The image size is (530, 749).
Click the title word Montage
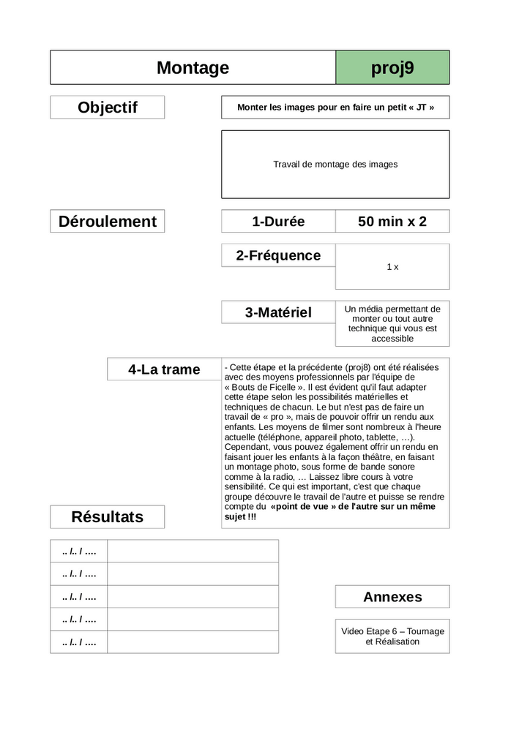193,68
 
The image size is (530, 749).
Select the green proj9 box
392,68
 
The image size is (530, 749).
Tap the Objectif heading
108,108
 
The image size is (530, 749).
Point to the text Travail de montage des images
335,165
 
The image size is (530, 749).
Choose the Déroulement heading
108,222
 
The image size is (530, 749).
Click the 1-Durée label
278,222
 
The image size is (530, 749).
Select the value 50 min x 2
392,222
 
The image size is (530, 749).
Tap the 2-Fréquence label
278,255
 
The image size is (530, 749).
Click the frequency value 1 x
392,267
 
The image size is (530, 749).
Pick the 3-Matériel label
278,312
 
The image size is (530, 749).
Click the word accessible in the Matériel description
392,339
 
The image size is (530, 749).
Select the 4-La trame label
164,369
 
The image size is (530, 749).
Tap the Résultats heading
108,517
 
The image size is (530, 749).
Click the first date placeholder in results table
79,551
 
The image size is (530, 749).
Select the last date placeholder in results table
79,642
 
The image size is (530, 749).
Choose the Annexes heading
392,597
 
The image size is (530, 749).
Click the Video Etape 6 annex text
392,636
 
